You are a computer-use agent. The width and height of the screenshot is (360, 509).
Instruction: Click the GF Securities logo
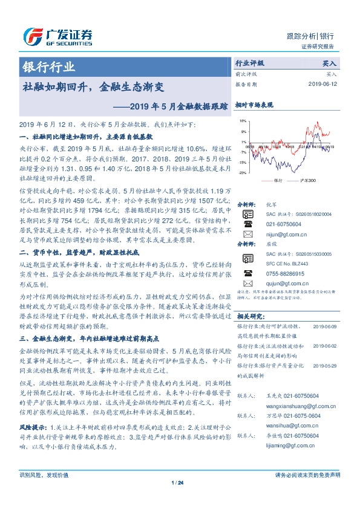click(x=57, y=37)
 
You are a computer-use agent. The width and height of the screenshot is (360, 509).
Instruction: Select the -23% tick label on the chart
click(x=241, y=173)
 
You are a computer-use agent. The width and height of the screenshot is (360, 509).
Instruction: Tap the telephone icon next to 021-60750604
click(x=247, y=224)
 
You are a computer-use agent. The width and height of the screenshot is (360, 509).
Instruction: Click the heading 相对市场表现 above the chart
click(x=254, y=104)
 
